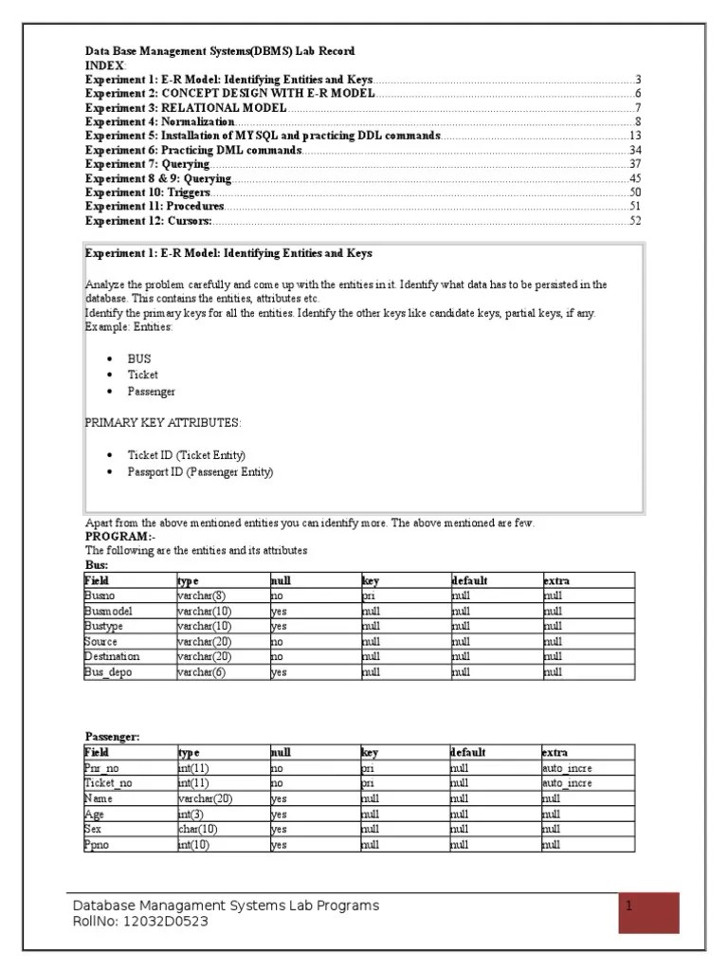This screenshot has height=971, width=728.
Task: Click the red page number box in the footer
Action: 648,912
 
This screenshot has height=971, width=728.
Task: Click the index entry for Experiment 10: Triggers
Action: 148,192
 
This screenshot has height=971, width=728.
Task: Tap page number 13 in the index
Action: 635,136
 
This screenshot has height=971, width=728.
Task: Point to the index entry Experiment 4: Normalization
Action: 160,121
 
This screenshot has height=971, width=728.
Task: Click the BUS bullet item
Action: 138,359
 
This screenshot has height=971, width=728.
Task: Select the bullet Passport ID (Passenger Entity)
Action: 200,471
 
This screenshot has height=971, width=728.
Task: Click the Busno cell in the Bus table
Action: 100,595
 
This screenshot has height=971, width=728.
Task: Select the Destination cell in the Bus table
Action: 112,656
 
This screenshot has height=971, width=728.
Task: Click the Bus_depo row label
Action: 104,671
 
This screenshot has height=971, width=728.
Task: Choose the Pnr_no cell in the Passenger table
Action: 100,768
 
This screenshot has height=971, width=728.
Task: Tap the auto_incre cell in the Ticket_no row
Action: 567,783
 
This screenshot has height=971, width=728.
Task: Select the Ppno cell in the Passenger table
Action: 97,844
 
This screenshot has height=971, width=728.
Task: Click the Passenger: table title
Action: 112,736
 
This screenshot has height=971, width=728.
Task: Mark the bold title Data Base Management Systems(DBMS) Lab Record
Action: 220,50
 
